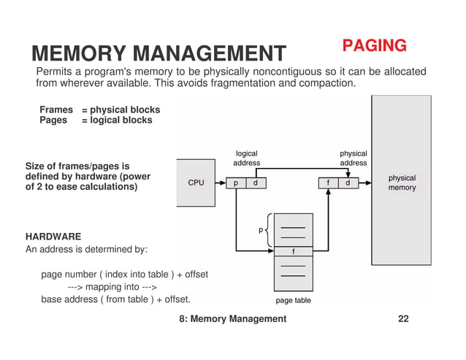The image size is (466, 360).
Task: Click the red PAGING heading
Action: tap(375, 46)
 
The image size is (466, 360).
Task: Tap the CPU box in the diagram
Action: tap(196, 183)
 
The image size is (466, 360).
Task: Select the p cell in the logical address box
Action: tap(236, 183)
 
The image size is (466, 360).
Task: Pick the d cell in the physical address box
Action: tap(348, 183)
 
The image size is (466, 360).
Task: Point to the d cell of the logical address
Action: tap(255, 183)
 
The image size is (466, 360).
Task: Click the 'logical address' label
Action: tap(246, 158)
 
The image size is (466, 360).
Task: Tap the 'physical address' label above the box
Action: tap(354, 158)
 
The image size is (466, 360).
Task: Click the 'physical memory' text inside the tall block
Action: tap(402, 183)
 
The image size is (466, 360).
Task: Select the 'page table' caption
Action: tap(293, 300)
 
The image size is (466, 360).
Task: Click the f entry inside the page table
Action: tap(293, 251)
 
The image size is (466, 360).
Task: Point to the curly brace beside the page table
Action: tap(269, 229)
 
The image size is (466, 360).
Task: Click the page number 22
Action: tap(403, 319)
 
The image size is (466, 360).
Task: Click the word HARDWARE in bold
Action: tap(53, 237)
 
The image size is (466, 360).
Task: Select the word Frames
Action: tap(56, 110)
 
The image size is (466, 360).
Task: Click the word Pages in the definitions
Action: tap(53, 120)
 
